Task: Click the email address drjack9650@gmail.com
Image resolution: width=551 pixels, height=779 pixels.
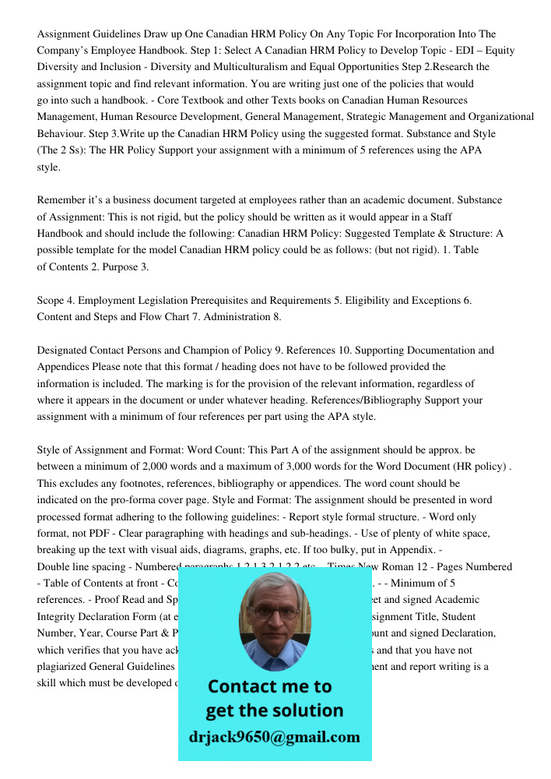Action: pyautogui.click(x=275, y=737)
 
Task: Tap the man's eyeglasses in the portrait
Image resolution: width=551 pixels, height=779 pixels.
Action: pyautogui.click(x=274, y=612)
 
